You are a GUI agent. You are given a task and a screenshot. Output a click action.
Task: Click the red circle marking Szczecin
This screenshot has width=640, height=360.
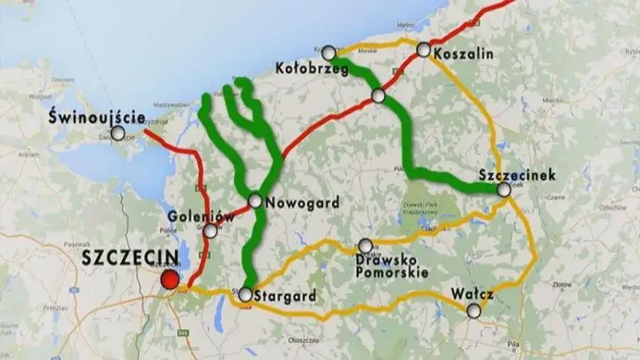[x=169, y=280]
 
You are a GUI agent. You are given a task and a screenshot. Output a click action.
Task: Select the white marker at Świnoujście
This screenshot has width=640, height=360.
[x=118, y=133]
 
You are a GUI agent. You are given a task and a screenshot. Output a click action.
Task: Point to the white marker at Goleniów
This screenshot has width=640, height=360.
[x=210, y=231]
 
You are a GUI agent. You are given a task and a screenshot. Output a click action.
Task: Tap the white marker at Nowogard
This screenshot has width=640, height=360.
[x=255, y=201]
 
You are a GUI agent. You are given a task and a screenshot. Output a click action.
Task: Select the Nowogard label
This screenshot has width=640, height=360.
[x=302, y=203]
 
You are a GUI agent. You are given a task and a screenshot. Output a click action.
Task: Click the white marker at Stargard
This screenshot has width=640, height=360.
[x=245, y=294]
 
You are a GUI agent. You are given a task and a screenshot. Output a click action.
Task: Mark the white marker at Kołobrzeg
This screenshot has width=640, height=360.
[x=329, y=53]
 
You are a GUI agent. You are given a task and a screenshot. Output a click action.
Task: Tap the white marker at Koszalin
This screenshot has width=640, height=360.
[x=424, y=50]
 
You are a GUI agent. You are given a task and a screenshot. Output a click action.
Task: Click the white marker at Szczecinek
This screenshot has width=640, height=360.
[x=504, y=189]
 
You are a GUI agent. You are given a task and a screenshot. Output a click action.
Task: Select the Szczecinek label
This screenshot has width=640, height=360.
[x=518, y=174]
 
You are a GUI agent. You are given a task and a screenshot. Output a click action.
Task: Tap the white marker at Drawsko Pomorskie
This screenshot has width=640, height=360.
[x=365, y=245]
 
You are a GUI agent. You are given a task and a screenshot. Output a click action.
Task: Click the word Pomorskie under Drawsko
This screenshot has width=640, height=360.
[x=392, y=272]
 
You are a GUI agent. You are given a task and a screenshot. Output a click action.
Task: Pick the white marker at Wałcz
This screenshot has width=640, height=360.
[x=474, y=309]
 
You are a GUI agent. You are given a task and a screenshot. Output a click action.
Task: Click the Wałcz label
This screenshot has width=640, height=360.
[x=472, y=293]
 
